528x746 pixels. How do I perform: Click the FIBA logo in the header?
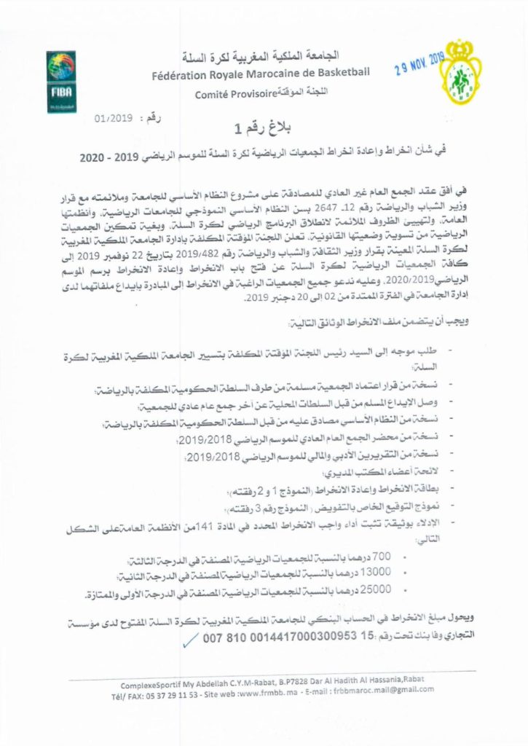(x=61, y=79)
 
